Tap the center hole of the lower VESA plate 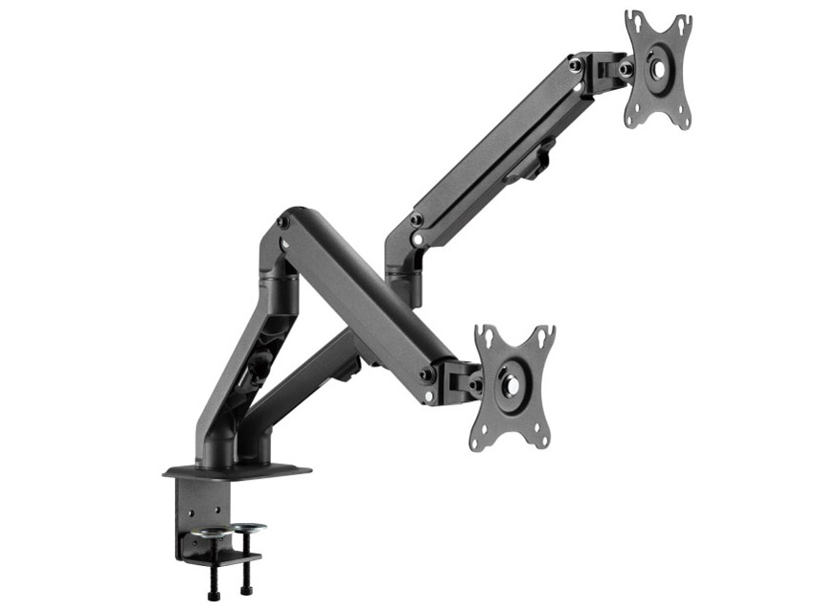511,386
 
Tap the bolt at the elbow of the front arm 283,223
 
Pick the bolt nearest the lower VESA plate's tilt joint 475,383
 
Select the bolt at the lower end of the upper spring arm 417,220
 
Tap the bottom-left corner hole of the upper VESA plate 632,119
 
